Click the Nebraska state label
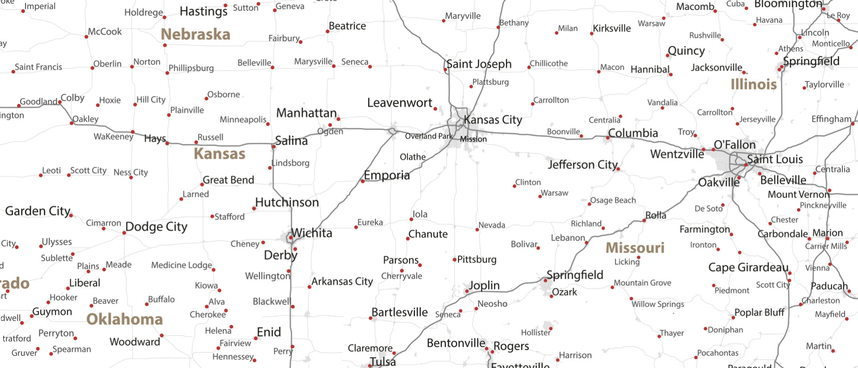point(195,34)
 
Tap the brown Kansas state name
point(219,154)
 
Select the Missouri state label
point(635,248)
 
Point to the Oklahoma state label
point(125,319)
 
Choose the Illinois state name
point(753,85)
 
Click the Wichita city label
point(312,233)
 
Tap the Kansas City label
point(493,120)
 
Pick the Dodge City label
point(156,227)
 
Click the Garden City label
point(38,211)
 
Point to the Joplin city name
point(484,285)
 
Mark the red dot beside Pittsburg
point(454,259)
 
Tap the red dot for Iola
point(411,219)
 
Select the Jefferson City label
point(582,165)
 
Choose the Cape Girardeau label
point(748,267)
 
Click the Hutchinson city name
point(287,203)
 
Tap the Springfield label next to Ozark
point(575,275)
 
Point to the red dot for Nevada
point(477,229)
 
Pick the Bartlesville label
point(400,313)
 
